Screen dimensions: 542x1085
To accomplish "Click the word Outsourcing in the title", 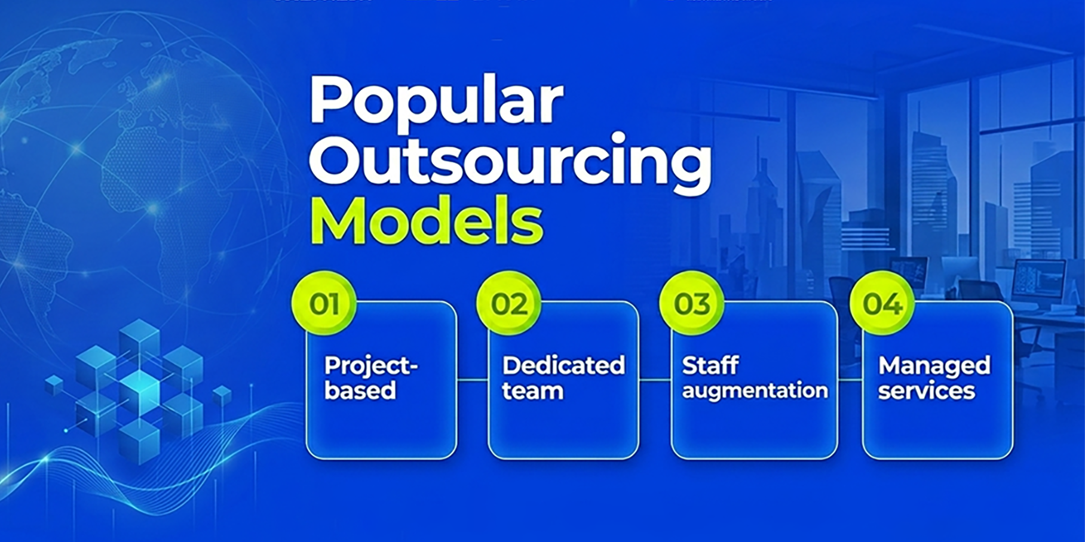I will pos(510,162).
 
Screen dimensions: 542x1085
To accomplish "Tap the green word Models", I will pos(426,221).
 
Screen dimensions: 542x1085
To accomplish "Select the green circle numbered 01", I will pos(324,304).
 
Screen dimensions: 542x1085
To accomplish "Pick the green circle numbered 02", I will pos(509,304).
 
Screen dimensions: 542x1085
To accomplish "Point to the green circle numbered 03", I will pos(692,304).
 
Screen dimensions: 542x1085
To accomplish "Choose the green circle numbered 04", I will pos(882,304).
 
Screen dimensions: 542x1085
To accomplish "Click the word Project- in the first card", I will pos(370,366).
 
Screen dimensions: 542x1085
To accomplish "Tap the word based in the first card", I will pos(360,391).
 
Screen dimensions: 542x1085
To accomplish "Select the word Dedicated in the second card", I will pos(563,365).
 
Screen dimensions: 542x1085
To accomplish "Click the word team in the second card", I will pos(532,391).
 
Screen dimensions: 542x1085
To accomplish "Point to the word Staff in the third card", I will pos(710,365).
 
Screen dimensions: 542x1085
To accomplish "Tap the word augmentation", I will pos(755,391).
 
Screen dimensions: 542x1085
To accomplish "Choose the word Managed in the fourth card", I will pos(934,366).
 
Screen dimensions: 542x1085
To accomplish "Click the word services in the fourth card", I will pos(926,391).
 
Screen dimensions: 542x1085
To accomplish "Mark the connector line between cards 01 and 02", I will pos(473,380).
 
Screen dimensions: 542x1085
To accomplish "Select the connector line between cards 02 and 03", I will pos(655,380).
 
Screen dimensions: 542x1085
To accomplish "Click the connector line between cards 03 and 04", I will pos(850,380).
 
